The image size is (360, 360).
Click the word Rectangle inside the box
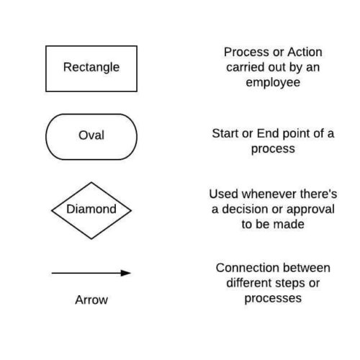click(x=91, y=67)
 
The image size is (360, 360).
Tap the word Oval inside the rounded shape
click(x=91, y=135)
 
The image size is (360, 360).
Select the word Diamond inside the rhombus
click(x=91, y=209)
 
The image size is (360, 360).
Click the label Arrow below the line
click(x=91, y=300)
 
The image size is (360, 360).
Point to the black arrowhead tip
click(x=131, y=273)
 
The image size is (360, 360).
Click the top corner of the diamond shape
click(x=91, y=182)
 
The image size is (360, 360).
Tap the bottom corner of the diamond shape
click(x=91, y=239)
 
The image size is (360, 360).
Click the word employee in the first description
click(x=273, y=83)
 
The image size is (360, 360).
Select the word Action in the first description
click(x=305, y=52)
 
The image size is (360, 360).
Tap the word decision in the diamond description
click(x=248, y=209)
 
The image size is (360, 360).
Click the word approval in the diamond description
click(x=310, y=210)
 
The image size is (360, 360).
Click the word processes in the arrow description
click(x=273, y=299)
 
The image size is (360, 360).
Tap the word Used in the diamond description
click(x=224, y=194)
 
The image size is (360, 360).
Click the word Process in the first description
click(x=246, y=52)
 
